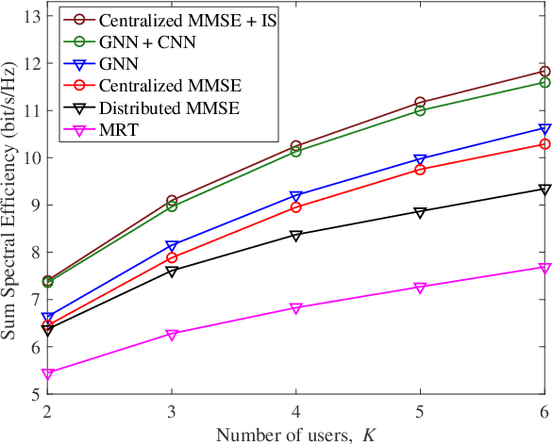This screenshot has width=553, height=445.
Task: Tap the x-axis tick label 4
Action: tap(296, 411)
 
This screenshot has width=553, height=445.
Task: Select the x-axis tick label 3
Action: tap(172, 411)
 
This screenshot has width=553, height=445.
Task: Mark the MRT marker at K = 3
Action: tap(172, 335)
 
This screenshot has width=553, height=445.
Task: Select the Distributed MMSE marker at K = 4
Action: tap(296, 236)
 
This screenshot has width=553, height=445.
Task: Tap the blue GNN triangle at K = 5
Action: tap(420, 160)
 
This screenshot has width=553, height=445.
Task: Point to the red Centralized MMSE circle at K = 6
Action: tap(545, 144)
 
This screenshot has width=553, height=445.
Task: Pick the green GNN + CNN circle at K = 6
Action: tap(545, 83)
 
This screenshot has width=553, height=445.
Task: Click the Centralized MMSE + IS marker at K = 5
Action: tap(420, 102)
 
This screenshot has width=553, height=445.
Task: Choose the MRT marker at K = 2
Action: tap(48, 374)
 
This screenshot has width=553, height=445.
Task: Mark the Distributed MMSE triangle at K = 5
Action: tap(420, 212)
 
